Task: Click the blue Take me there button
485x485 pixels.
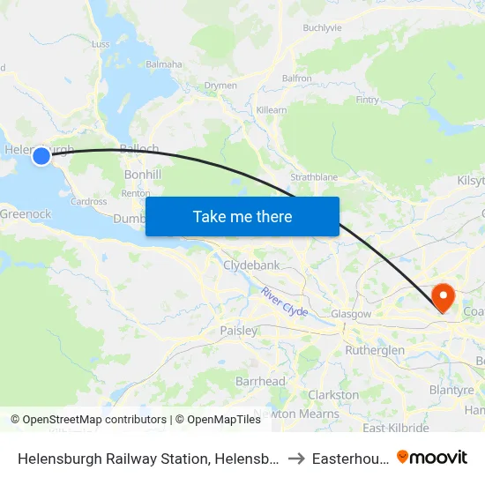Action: (242, 216)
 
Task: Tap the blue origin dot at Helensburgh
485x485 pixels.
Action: (41, 156)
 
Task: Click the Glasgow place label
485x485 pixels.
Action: (350, 314)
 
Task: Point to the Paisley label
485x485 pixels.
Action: (238, 331)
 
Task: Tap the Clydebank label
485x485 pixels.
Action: (251, 265)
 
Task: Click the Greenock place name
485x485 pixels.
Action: (26, 213)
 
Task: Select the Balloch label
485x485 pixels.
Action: (139, 149)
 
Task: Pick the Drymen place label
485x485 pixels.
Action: (220, 86)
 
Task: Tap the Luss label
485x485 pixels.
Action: (101, 43)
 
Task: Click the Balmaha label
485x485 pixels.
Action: (163, 64)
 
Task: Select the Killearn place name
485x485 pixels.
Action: (272, 109)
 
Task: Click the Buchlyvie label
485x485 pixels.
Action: (322, 28)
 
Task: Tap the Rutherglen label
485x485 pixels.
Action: (375, 350)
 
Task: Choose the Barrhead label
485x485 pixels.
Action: (260, 381)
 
